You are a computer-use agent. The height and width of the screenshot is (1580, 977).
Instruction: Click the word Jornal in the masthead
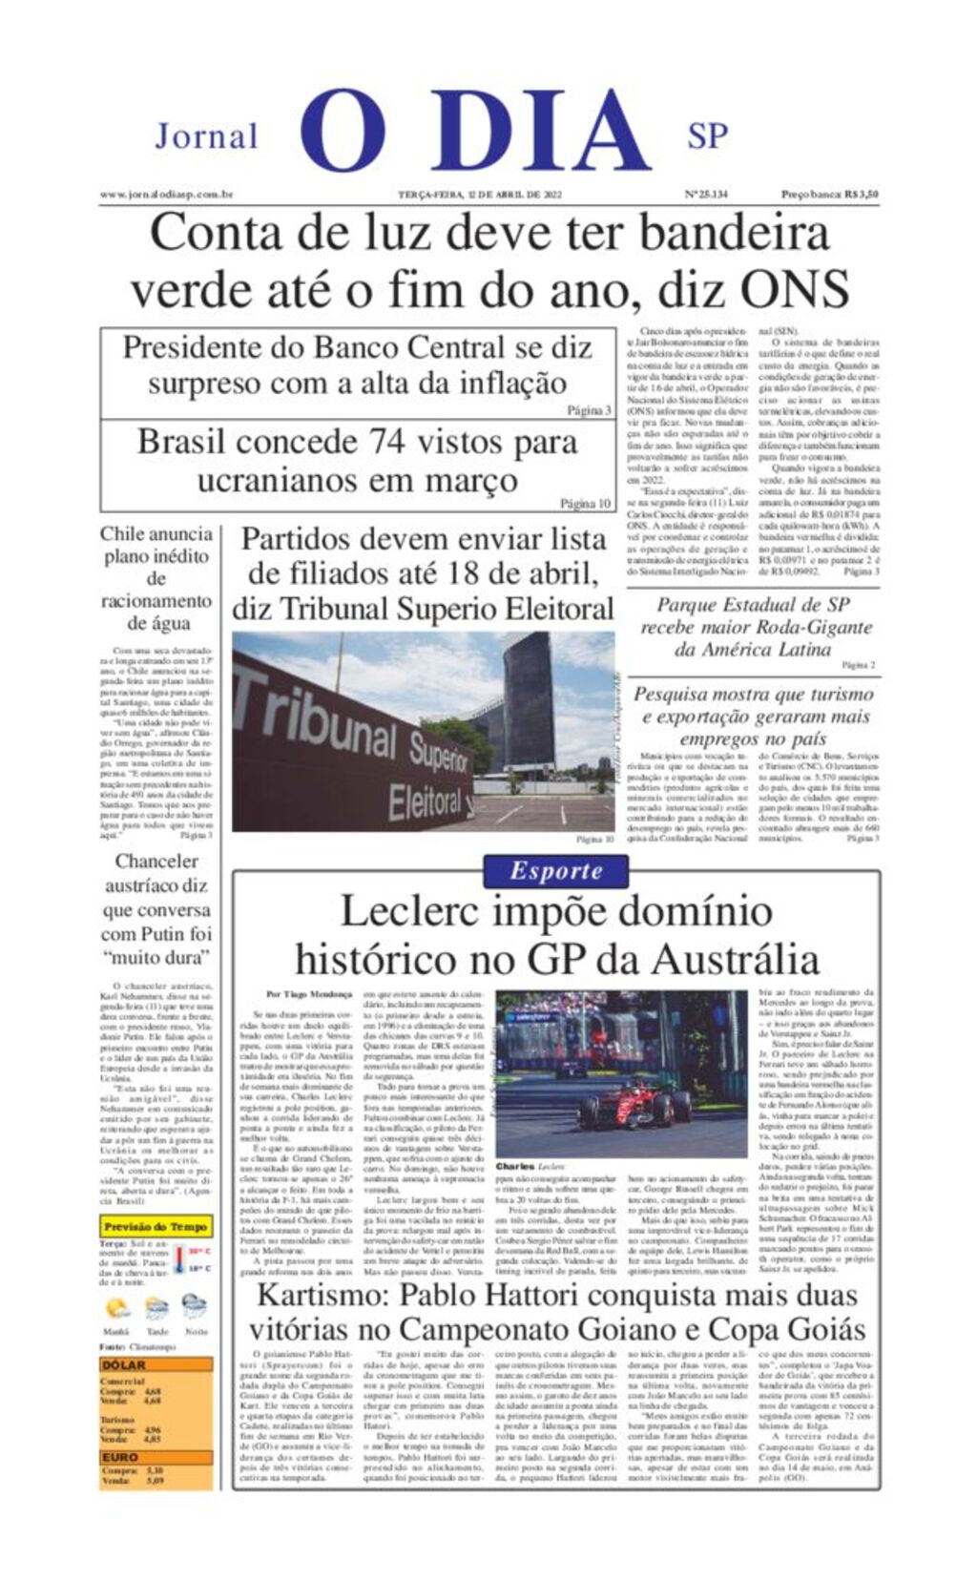click(206, 136)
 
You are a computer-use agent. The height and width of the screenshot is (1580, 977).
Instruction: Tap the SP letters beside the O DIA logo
click(708, 136)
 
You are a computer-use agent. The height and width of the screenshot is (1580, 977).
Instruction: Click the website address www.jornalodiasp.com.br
click(167, 195)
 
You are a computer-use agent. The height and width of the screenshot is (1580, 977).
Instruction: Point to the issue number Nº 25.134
click(706, 195)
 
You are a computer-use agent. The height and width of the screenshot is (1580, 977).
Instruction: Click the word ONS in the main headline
click(795, 289)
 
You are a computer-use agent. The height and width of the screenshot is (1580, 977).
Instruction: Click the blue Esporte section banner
click(555, 870)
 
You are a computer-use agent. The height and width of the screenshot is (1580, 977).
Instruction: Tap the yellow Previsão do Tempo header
click(156, 1226)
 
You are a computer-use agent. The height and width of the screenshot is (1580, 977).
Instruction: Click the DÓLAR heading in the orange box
click(124, 1365)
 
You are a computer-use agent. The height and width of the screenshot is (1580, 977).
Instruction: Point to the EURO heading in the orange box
click(121, 1457)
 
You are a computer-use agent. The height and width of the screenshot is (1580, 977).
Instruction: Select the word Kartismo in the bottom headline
click(320, 1296)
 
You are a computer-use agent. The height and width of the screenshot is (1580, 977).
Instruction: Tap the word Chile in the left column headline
click(123, 534)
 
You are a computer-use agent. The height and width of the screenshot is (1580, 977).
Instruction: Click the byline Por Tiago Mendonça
click(309, 994)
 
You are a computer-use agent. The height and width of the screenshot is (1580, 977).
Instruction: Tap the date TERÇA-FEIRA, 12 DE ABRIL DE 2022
click(480, 195)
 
